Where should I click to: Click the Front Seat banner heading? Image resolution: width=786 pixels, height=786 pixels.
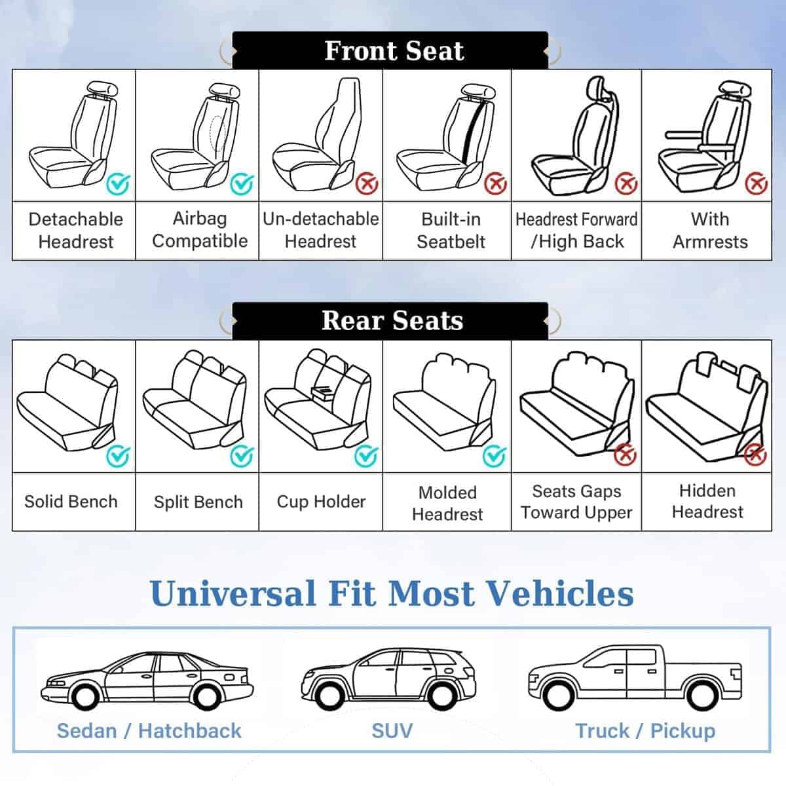coord(393,51)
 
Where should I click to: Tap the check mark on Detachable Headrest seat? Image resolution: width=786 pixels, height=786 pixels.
coord(119,185)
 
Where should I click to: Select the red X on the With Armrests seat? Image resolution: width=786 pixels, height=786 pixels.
coord(756,183)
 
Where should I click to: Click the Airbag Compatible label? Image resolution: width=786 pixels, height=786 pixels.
coord(200,230)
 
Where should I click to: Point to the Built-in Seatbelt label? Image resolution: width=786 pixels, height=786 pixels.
coord(451,230)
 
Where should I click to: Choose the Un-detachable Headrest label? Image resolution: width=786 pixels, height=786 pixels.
coord(321,230)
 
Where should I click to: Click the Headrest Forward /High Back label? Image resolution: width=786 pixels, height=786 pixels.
coord(576,230)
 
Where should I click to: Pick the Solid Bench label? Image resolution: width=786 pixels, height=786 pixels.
coord(71,502)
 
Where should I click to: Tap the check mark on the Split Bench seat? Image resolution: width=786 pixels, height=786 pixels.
coord(242,455)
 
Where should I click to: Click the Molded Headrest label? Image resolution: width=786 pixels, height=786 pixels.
coord(447,502)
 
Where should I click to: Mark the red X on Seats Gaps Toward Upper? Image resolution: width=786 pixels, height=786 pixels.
coord(626,453)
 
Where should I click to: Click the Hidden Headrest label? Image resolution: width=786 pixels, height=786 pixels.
coord(707,501)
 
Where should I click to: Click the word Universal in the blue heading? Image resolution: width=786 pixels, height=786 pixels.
coord(233,593)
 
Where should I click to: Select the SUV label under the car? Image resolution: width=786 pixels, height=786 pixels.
coord(392,730)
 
